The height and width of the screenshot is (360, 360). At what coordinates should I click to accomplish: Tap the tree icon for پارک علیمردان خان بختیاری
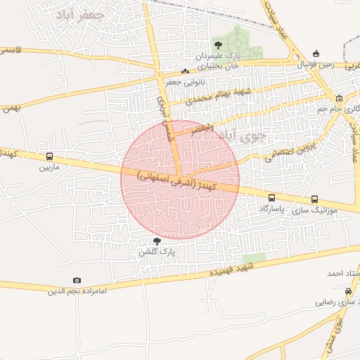(217, 45)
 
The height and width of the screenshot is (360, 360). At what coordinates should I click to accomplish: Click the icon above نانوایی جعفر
(185, 71)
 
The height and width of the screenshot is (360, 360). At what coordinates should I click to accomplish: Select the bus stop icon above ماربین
(49, 157)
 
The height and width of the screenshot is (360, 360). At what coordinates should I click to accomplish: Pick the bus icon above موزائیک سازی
(314, 199)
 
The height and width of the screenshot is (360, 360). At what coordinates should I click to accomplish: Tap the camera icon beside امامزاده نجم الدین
(77, 280)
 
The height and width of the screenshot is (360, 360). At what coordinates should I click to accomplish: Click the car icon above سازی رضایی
(349, 291)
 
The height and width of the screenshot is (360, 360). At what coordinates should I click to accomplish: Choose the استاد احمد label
(343, 273)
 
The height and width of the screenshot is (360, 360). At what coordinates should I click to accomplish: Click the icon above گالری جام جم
(340, 98)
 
